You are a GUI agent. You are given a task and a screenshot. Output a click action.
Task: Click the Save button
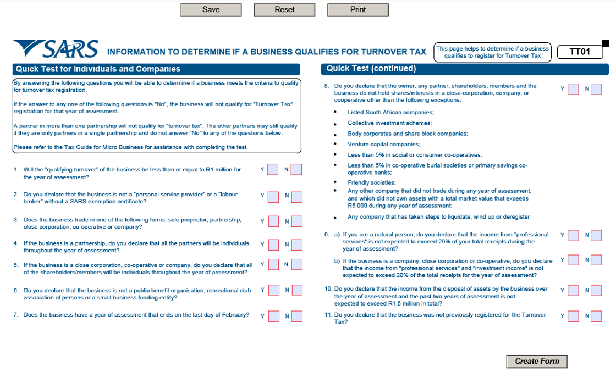click(x=211, y=10)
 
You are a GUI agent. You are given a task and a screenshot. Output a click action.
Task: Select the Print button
click(x=358, y=10)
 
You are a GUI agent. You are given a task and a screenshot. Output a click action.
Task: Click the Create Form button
click(x=537, y=362)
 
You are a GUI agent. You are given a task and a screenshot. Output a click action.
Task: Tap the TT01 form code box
click(x=580, y=52)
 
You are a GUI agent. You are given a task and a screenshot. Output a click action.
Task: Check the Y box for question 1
click(x=273, y=170)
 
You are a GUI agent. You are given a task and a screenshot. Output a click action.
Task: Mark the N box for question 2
click(x=297, y=196)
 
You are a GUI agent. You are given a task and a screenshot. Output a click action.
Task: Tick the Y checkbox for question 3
click(x=273, y=221)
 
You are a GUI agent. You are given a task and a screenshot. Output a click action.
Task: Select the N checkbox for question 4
click(x=297, y=245)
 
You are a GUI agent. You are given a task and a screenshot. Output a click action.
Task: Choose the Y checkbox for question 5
click(x=273, y=266)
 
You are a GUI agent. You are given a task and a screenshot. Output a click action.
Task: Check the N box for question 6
click(x=297, y=290)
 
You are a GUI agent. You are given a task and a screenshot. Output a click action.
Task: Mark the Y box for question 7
click(x=273, y=317)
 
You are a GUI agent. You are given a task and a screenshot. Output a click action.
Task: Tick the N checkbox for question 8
click(x=596, y=89)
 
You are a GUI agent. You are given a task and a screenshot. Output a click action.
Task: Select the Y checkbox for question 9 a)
click(x=573, y=236)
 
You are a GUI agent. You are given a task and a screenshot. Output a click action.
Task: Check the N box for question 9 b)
click(x=596, y=260)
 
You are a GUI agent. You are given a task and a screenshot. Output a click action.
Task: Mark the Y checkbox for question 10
click(x=573, y=290)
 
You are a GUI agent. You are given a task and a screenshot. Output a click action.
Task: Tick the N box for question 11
click(x=596, y=316)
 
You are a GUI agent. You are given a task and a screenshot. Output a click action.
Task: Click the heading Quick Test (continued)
click(x=371, y=69)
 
